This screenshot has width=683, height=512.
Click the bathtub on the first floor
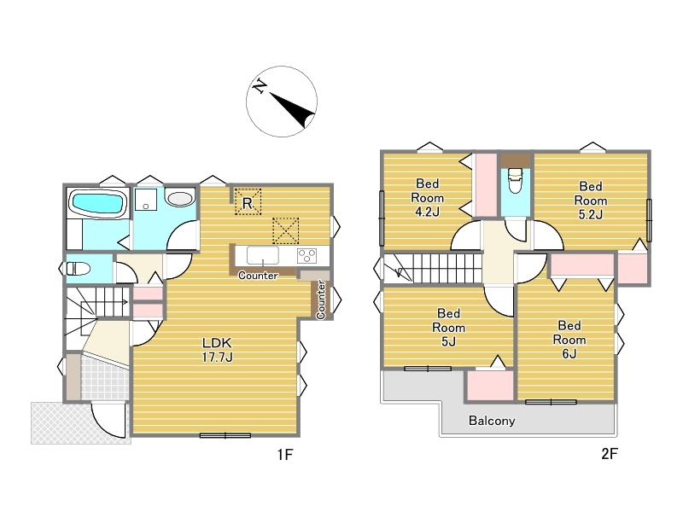tap(97, 203)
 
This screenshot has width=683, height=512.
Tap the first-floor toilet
tap(79, 268)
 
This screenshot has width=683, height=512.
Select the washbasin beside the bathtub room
tap(179, 199)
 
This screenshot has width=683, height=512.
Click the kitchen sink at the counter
tap(263, 255)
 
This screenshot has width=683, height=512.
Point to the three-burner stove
tap(306, 255)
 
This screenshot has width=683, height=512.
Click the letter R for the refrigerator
tap(248, 203)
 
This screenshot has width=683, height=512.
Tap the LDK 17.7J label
tap(218, 350)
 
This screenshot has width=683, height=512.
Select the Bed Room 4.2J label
tap(428, 198)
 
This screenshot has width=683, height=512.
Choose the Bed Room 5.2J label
tap(591, 201)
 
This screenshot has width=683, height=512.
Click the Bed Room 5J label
tap(449, 328)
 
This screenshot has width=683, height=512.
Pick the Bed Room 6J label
tap(569, 340)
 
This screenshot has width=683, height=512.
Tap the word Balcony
tap(492, 421)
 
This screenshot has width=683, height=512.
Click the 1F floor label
tap(285, 455)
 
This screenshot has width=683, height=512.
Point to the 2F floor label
tap(610, 454)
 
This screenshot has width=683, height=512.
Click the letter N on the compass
tap(260, 86)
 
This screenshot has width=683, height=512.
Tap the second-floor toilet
tap(515, 180)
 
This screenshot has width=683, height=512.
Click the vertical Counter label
tap(321, 300)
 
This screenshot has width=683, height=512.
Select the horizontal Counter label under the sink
tap(258, 276)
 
